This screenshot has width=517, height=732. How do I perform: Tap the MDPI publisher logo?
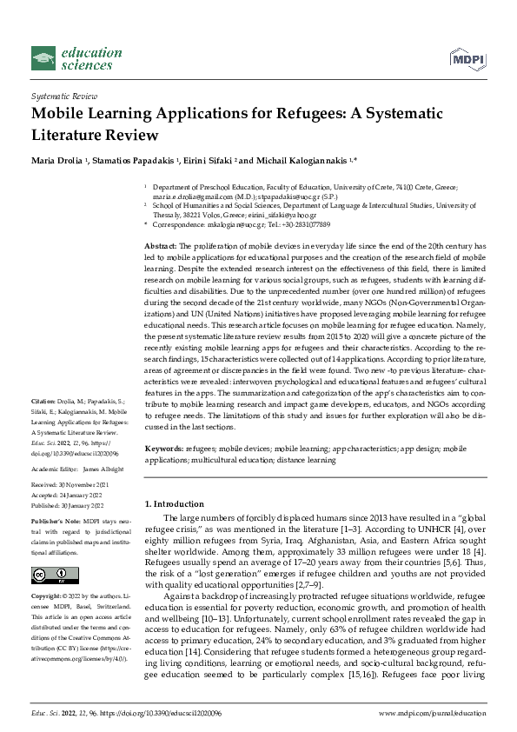(467, 59)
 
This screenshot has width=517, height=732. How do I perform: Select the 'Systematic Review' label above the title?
(63, 97)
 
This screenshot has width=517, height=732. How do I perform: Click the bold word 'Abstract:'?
(161, 247)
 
